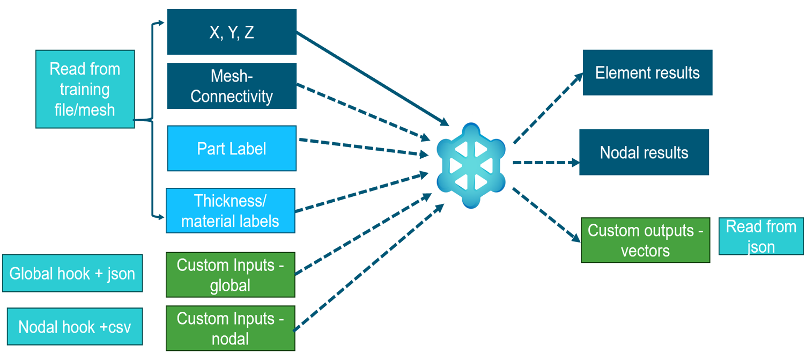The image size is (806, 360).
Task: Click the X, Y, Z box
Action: [232, 32]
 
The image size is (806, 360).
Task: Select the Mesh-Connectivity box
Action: [232, 86]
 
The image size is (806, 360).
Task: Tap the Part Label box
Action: [232, 149]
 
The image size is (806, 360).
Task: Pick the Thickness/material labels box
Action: [231, 210]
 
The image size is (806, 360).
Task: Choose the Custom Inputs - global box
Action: [231, 275]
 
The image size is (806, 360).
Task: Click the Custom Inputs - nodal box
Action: [231, 328]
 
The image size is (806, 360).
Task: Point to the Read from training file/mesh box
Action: [85, 89]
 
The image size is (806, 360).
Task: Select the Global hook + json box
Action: [72, 273]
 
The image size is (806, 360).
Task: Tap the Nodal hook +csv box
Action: [75, 326]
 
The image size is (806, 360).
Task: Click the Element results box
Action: [647, 73]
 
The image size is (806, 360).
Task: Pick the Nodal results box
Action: [644, 152]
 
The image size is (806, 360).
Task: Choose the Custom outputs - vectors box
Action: [645, 240]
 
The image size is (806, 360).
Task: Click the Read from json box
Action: [760, 236]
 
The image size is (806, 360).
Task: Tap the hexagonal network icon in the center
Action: [470, 165]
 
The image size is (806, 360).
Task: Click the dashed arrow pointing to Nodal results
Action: [544, 162]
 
